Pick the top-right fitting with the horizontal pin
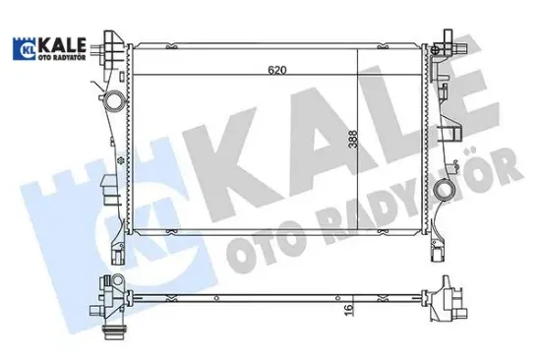450,45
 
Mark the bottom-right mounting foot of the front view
436,254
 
